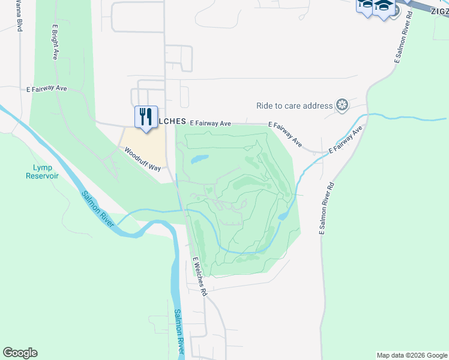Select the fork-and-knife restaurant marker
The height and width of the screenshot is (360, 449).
pos(145,116)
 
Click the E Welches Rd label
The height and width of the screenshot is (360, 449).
pos(200,277)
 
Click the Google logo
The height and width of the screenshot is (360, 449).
pos(20,353)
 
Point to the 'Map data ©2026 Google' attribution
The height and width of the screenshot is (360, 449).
pos(412,355)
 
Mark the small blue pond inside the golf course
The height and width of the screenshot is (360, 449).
pos(199,160)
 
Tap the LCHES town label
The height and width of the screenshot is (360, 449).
pos(172,121)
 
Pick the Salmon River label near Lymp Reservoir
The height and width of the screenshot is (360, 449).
pos(97,208)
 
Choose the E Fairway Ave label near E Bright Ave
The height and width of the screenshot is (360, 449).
pos(47,88)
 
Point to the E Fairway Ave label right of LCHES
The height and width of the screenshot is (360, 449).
pos(210,123)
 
